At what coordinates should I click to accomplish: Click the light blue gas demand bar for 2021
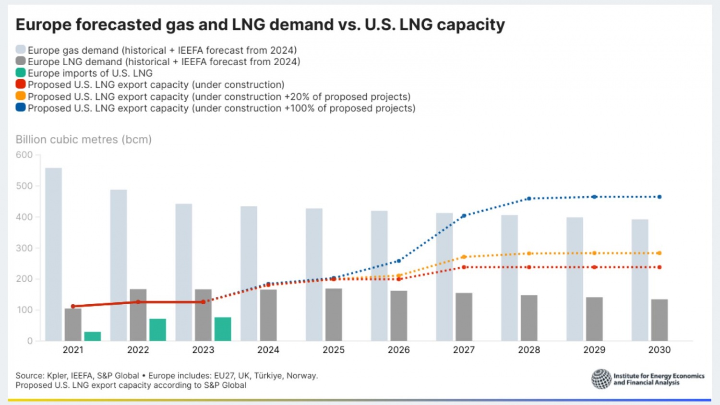[53, 254]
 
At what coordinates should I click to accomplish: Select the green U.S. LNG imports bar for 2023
[223, 329]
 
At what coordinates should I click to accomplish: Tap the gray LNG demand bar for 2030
[660, 320]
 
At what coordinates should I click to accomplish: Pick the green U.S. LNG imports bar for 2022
[157, 330]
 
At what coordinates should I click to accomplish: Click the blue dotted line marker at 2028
[529, 198]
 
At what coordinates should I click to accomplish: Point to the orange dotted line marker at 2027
[464, 257]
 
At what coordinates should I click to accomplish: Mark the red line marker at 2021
[73, 306]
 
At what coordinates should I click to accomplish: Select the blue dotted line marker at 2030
[660, 197]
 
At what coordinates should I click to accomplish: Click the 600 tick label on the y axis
[24, 155]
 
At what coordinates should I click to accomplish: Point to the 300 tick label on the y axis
[24, 248]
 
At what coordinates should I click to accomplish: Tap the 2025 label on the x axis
[334, 350]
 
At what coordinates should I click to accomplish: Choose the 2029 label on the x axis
[594, 350]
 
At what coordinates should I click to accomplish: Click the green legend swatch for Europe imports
[21, 73]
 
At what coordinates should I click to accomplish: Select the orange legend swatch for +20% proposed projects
[21, 96]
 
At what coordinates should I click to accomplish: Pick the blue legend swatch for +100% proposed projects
[21, 107]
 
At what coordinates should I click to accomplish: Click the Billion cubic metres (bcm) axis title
[84, 140]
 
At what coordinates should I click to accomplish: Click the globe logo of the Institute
[601, 379]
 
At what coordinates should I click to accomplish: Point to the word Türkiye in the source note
[268, 376]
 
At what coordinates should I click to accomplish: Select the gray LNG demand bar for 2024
[268, 315]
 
